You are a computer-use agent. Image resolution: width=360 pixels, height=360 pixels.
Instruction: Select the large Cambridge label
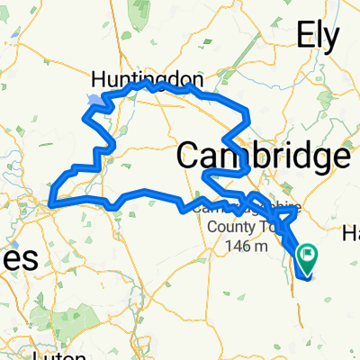tap(263, 155)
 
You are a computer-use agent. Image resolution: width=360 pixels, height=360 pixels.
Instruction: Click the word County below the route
tap(233, 226)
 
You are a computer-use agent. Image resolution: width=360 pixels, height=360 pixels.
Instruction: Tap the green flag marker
tap(308, 257)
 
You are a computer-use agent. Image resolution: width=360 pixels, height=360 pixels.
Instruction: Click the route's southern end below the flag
tap(306, 277)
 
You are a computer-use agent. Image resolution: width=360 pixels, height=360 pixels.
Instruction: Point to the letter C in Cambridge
tap(188, 155)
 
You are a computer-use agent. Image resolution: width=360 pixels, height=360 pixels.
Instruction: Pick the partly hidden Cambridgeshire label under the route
tap(236, 209)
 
